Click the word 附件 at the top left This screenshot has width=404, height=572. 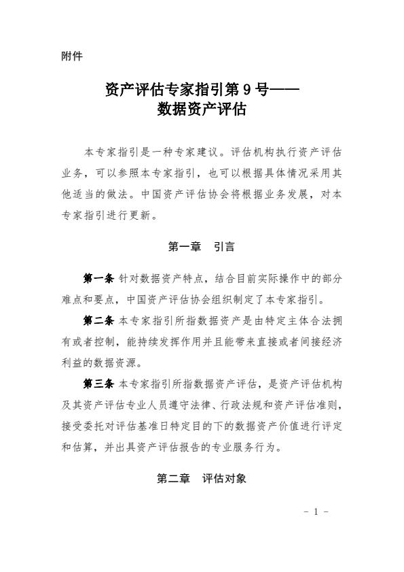(x=71, y=56)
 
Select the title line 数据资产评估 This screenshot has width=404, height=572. (x=201, y=109)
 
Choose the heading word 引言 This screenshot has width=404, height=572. (x=224, y=248)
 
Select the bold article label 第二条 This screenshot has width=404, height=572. (x=98, y=319)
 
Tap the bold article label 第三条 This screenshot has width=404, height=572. (x=98, y=384)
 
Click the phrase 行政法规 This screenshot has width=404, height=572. (x=225, y=406)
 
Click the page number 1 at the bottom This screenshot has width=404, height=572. (x=316, y=511)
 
